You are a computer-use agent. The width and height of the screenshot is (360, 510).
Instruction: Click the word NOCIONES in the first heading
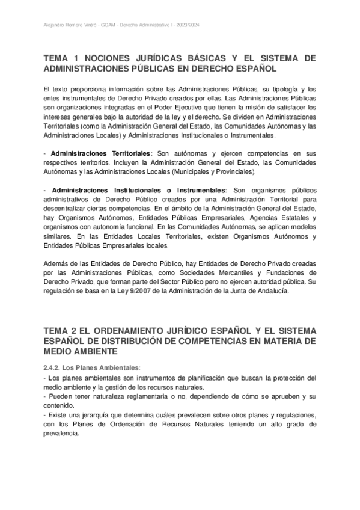pyautogui.click(x=114, y=58)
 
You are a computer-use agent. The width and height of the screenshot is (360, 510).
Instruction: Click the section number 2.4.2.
pyautogui.click(x=53, y=367)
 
